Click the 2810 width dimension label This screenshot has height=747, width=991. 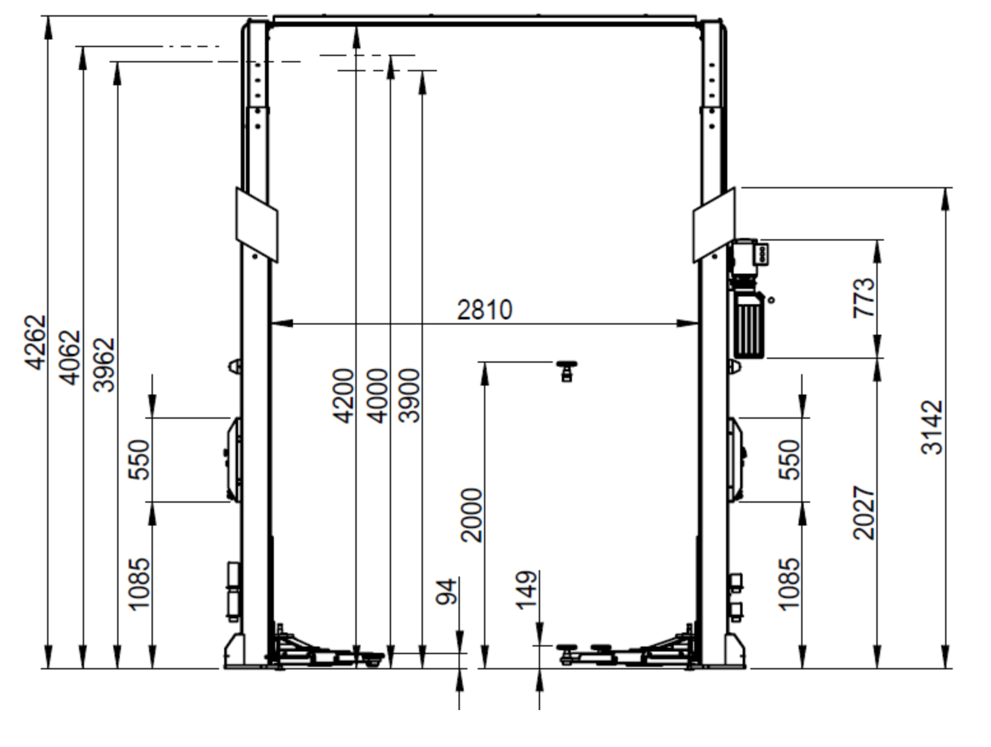485,310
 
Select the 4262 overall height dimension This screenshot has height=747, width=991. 35,342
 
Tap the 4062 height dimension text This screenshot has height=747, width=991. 70,358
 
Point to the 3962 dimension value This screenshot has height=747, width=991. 104,365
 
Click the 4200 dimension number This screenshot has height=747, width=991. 343,396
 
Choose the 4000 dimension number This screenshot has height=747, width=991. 376,396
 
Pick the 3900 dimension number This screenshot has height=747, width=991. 409,396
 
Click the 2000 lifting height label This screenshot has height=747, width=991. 471,515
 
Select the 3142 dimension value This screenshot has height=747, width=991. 932,427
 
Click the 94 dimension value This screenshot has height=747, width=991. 446,591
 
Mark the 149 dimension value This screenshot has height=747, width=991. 527,590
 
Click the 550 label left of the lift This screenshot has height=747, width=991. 139,459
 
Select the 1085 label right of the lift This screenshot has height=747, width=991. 789,585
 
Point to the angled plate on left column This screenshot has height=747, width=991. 257,225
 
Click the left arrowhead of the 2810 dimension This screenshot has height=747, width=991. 282,323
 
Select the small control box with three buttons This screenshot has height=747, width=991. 763,254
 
